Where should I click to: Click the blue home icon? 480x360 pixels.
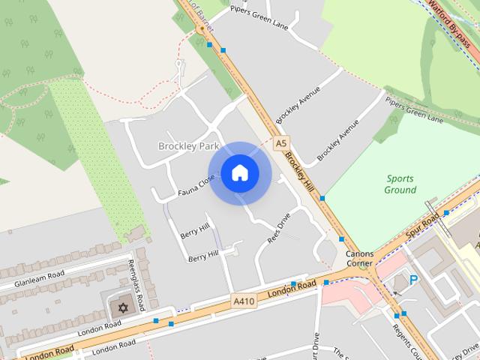(239, 173)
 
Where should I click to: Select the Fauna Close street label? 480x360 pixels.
(196, 184)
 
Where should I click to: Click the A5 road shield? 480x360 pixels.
(281, 142)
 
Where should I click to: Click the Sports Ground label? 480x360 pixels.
(400, 184)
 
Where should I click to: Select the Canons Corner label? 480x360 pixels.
(359, 259)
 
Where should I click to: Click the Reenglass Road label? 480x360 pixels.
(138, 284)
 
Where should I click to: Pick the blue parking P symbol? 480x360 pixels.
(413, 281)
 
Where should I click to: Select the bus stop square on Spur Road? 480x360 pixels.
(446, 213)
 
